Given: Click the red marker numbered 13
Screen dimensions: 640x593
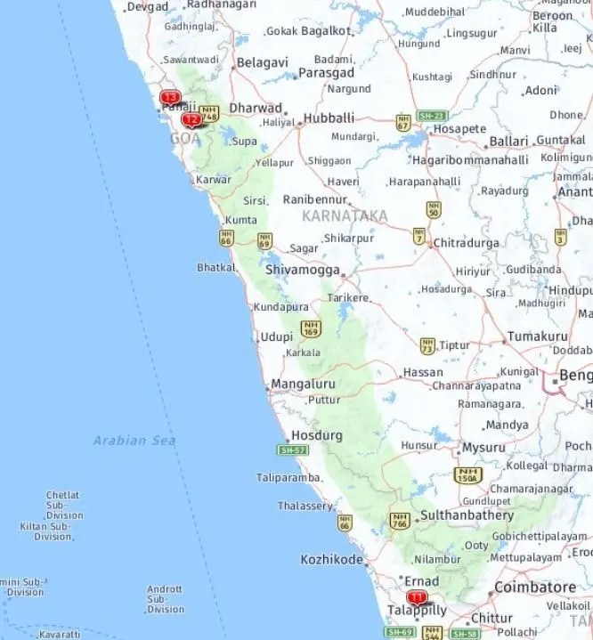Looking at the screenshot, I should click(169, 97).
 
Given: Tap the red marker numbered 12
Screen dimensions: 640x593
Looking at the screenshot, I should click(191, 119).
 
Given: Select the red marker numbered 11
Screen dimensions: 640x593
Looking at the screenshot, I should click(416, 597).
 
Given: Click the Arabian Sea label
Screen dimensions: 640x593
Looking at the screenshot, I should click(134, 440).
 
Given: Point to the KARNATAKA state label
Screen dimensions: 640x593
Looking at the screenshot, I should click(345, 216).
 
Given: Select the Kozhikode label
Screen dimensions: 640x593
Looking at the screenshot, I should click(331, 560).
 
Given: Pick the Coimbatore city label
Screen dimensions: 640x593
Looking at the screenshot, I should click(535, 587).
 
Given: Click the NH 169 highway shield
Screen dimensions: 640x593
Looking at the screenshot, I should click(310, 329).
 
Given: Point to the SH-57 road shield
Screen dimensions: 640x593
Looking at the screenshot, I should click(293, 450).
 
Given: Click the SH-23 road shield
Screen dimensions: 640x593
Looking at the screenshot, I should click(432, 116).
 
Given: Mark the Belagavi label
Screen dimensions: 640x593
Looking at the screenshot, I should click(262, 63).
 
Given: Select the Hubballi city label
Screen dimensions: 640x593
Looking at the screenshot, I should click(329, 117).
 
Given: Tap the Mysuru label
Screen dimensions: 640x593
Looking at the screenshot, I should click(483, 448).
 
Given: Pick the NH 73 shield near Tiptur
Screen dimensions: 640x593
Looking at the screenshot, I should click(428, 345).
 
